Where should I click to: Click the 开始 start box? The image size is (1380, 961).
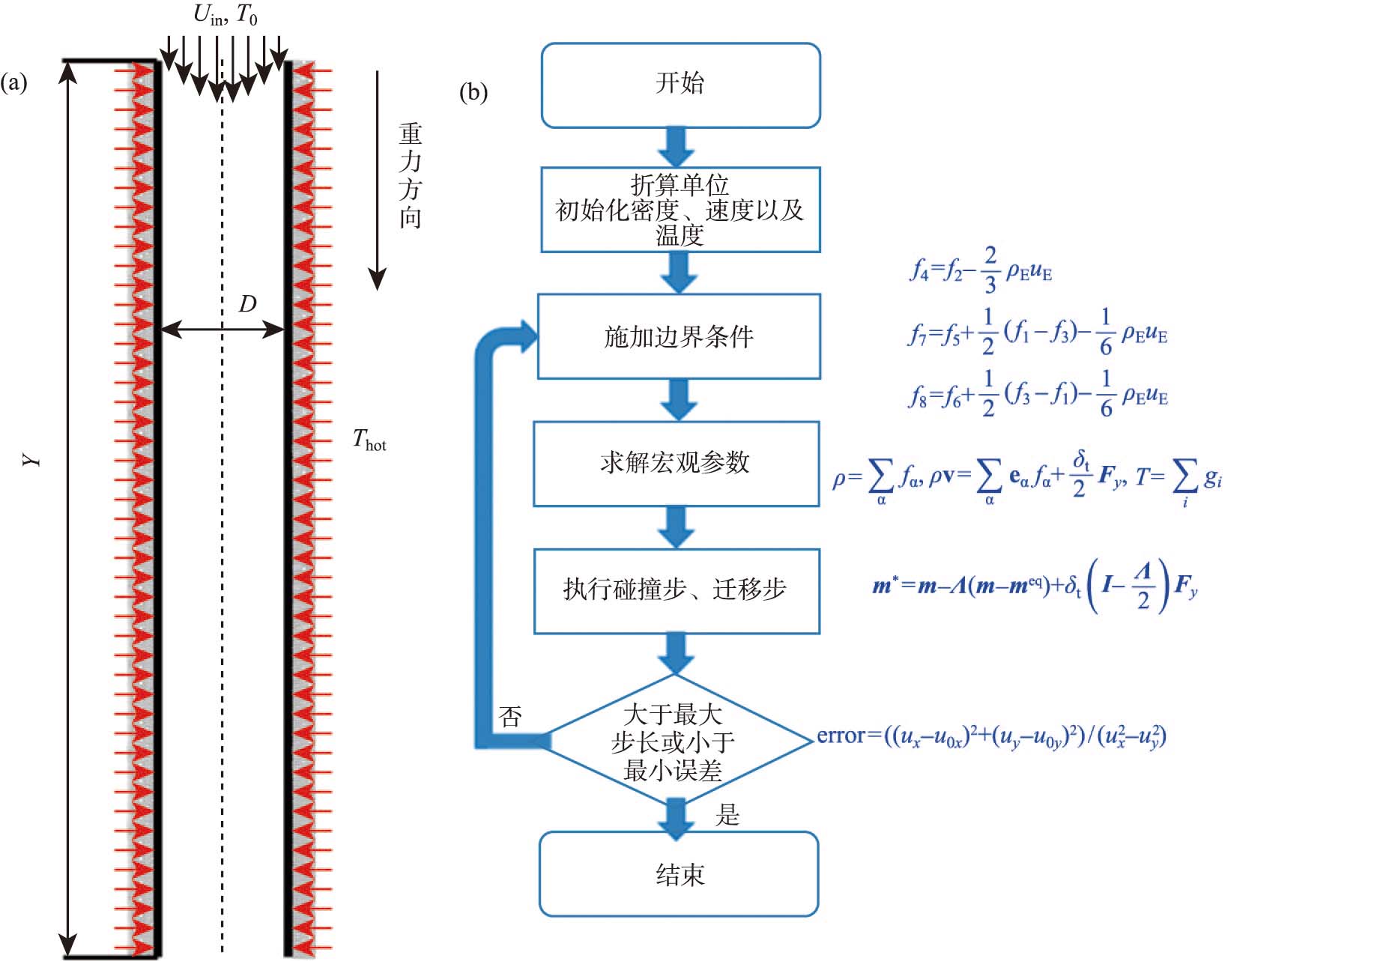(680, 85)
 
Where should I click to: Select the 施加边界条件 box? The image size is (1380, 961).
(679, 336)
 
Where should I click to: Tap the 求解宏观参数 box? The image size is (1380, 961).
(675, 463)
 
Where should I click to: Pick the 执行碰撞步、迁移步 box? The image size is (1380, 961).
(676, 590)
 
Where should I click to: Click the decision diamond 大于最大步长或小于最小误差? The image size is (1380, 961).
(674, 742)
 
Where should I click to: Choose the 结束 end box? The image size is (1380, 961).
(679, 874)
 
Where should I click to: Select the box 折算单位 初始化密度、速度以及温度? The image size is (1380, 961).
(680, 210)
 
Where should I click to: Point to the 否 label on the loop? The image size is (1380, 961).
(510, 717)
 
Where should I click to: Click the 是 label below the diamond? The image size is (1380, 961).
(727, 815)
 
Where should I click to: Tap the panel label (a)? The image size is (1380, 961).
(13, 82)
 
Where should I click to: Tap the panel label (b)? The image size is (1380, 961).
(473, 92)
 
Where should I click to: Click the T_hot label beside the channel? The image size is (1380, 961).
(369, 440)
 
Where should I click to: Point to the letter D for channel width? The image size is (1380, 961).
(247, 304)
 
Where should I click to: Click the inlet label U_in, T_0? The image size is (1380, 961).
(225, 15)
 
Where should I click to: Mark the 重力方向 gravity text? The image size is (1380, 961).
(410, 176)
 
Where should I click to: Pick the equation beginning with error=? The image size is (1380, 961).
(990, 737)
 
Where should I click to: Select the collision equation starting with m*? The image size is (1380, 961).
(1034, 586)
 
